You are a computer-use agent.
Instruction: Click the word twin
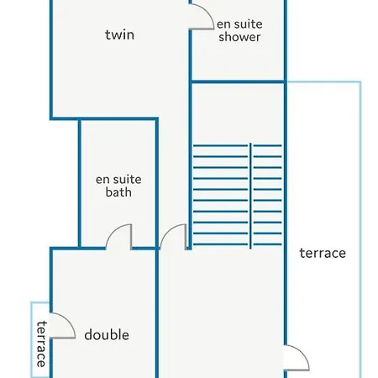pos(119,34)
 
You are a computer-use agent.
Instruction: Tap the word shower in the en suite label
pos(239,37)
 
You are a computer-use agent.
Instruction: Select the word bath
pos(118,192)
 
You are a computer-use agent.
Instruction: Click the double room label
pos(107,335)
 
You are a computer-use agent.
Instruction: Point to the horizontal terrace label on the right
pos(323,253)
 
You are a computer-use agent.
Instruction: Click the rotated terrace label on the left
pos(41,344)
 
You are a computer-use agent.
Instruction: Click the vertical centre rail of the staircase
pos(250,196)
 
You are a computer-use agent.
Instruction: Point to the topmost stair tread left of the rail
pos(220,145)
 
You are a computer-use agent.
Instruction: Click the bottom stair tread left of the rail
pos(220,244)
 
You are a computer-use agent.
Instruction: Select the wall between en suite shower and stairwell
pos(238,81)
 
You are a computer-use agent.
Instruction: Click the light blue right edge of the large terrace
pos(360,229)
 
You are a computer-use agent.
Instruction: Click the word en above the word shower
pos(223,24)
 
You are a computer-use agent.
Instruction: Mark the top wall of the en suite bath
pos(118,119)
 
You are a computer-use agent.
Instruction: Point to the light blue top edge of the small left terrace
pos(40,302)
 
